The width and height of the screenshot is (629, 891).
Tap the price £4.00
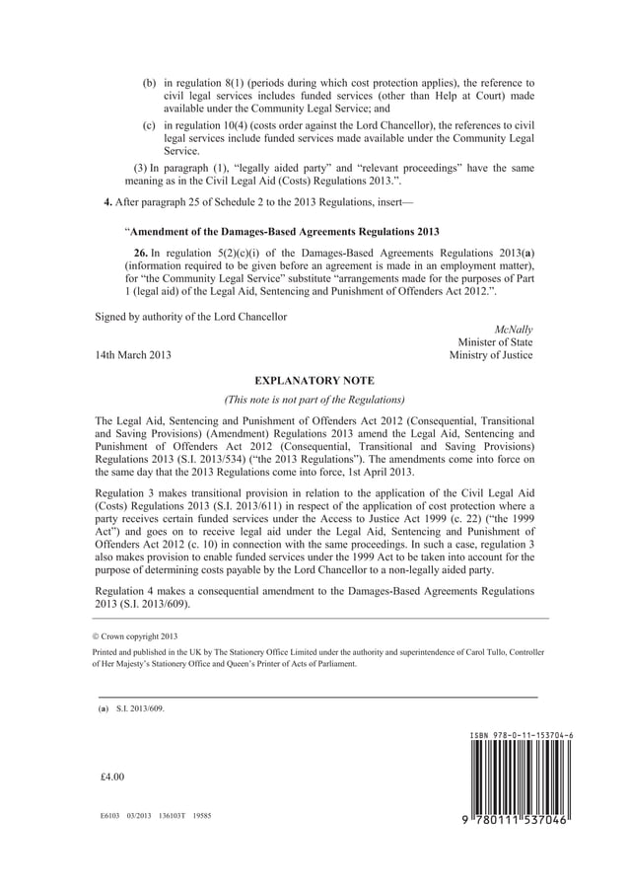(x=112, y=777)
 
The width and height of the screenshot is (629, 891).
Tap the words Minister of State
(x=495, y=341)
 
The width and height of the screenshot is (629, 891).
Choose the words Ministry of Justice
(x=491, y=355)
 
